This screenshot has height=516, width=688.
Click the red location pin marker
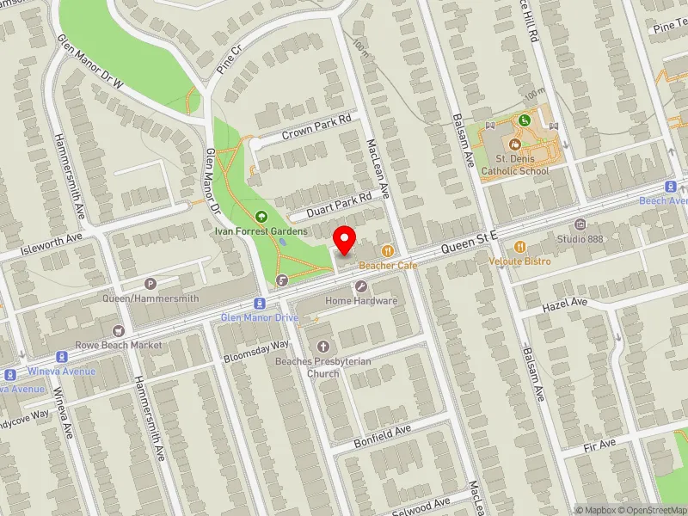[345, 239]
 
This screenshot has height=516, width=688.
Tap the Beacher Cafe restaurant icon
[388, 251]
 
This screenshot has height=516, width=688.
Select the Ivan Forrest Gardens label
[261, 231]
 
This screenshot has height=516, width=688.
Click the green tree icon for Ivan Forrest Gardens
[261, 216]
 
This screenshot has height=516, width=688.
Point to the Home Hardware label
[361, 301]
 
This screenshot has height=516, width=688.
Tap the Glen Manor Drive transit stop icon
[259, 304]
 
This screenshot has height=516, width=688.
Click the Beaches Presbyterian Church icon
[323, 346]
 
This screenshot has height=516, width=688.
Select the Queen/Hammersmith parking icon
[151, 284]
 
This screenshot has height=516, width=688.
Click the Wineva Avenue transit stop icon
[61, 357]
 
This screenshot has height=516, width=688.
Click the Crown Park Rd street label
[317, 128]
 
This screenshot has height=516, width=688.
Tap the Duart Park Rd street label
[330, 204]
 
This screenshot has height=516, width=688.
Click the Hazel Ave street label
[564, 304]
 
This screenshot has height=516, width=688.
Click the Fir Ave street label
[599, 444]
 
